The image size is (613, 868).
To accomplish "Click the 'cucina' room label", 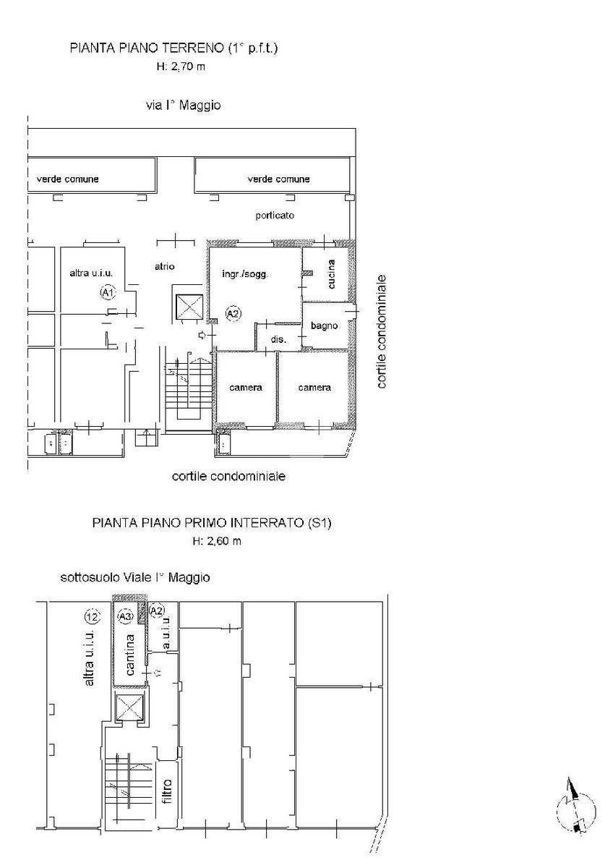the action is coord(332,274).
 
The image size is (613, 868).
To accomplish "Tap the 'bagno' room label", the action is coord(324,326).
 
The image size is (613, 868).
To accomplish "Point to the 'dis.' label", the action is coord(278,339).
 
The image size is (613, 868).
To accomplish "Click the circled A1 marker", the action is coord(107,292).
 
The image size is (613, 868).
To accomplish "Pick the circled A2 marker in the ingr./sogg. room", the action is coord(233,313).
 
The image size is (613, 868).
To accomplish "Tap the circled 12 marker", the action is coord(93,616).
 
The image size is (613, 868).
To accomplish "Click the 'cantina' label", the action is coord(129,655).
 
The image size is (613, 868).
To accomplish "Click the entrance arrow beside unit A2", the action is coord(202,335).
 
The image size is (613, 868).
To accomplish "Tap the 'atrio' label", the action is coord(165,267).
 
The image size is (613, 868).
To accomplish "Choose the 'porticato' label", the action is coord(275,216).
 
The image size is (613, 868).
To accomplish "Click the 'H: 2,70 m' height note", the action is coord(181,67).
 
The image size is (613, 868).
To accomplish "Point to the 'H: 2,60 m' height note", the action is coord(217,541).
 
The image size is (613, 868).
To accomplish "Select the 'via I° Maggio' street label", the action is coord(184,106).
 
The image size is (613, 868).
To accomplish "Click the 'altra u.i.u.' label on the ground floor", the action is coord(91,273).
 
